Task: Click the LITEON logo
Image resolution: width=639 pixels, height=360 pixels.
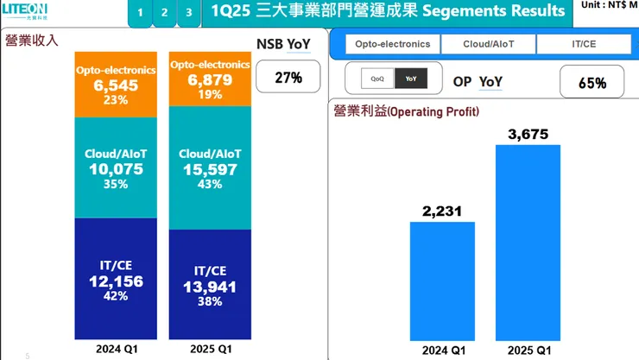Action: click(x=27, y=13)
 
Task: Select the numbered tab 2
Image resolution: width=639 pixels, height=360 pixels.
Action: click(x=164, y=13)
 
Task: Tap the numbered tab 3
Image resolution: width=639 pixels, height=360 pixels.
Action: click(x=188, y=13)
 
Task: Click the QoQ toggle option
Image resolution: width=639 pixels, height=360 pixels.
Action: click(x=377, y=79)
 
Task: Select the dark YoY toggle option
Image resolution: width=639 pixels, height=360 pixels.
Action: click(x=409, y=79)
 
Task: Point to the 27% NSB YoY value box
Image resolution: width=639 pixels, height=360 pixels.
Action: click(x=288, y=78)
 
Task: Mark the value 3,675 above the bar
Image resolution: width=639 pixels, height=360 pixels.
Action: click(x=528, y=134)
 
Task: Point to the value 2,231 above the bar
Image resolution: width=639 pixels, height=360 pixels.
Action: click(x=442, y=211)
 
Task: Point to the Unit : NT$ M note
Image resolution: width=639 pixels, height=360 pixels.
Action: click(x=610, y=5)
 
